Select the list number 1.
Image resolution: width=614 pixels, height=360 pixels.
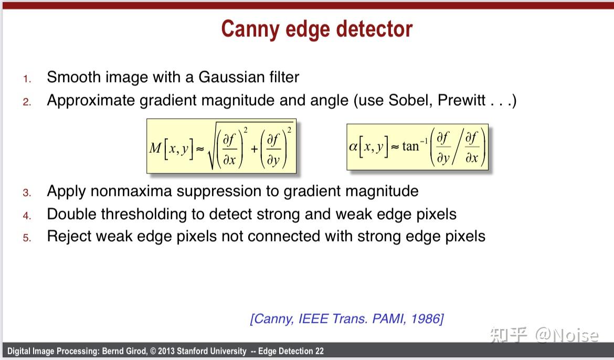(26, 79)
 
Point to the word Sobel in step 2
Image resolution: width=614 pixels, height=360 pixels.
(410, 100)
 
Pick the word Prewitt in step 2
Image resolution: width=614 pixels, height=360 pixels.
(461, 100)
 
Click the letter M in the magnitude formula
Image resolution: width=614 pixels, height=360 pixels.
(155, 148)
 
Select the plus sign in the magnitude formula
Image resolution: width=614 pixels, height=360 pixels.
(254, 149)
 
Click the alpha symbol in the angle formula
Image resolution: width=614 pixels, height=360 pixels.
(353, 147)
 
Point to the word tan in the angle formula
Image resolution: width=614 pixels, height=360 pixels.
(410, 146)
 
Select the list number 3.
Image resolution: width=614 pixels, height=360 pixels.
(27, 193)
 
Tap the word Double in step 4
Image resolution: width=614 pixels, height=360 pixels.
(71, 214)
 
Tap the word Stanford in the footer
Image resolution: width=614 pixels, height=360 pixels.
(192, 351)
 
